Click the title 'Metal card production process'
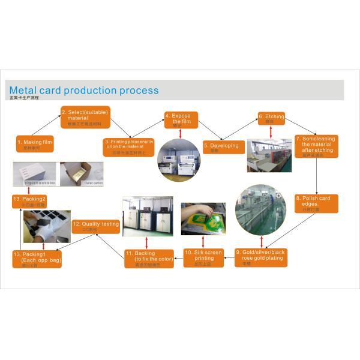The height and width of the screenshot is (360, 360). pyautogui.click(x=84, y=91)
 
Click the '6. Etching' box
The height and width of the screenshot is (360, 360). pyautogui.click(x=271, y=117)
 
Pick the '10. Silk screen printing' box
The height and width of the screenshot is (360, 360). pyautogui.click(x=203, y=257)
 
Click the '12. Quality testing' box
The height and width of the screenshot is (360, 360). pyautogui.click(x=96, y=226)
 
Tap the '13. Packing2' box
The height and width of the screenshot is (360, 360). pyautogui.click(x=34, y=200)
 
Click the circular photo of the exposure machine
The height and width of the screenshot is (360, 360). pyautogui.click(x=179, y=160)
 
